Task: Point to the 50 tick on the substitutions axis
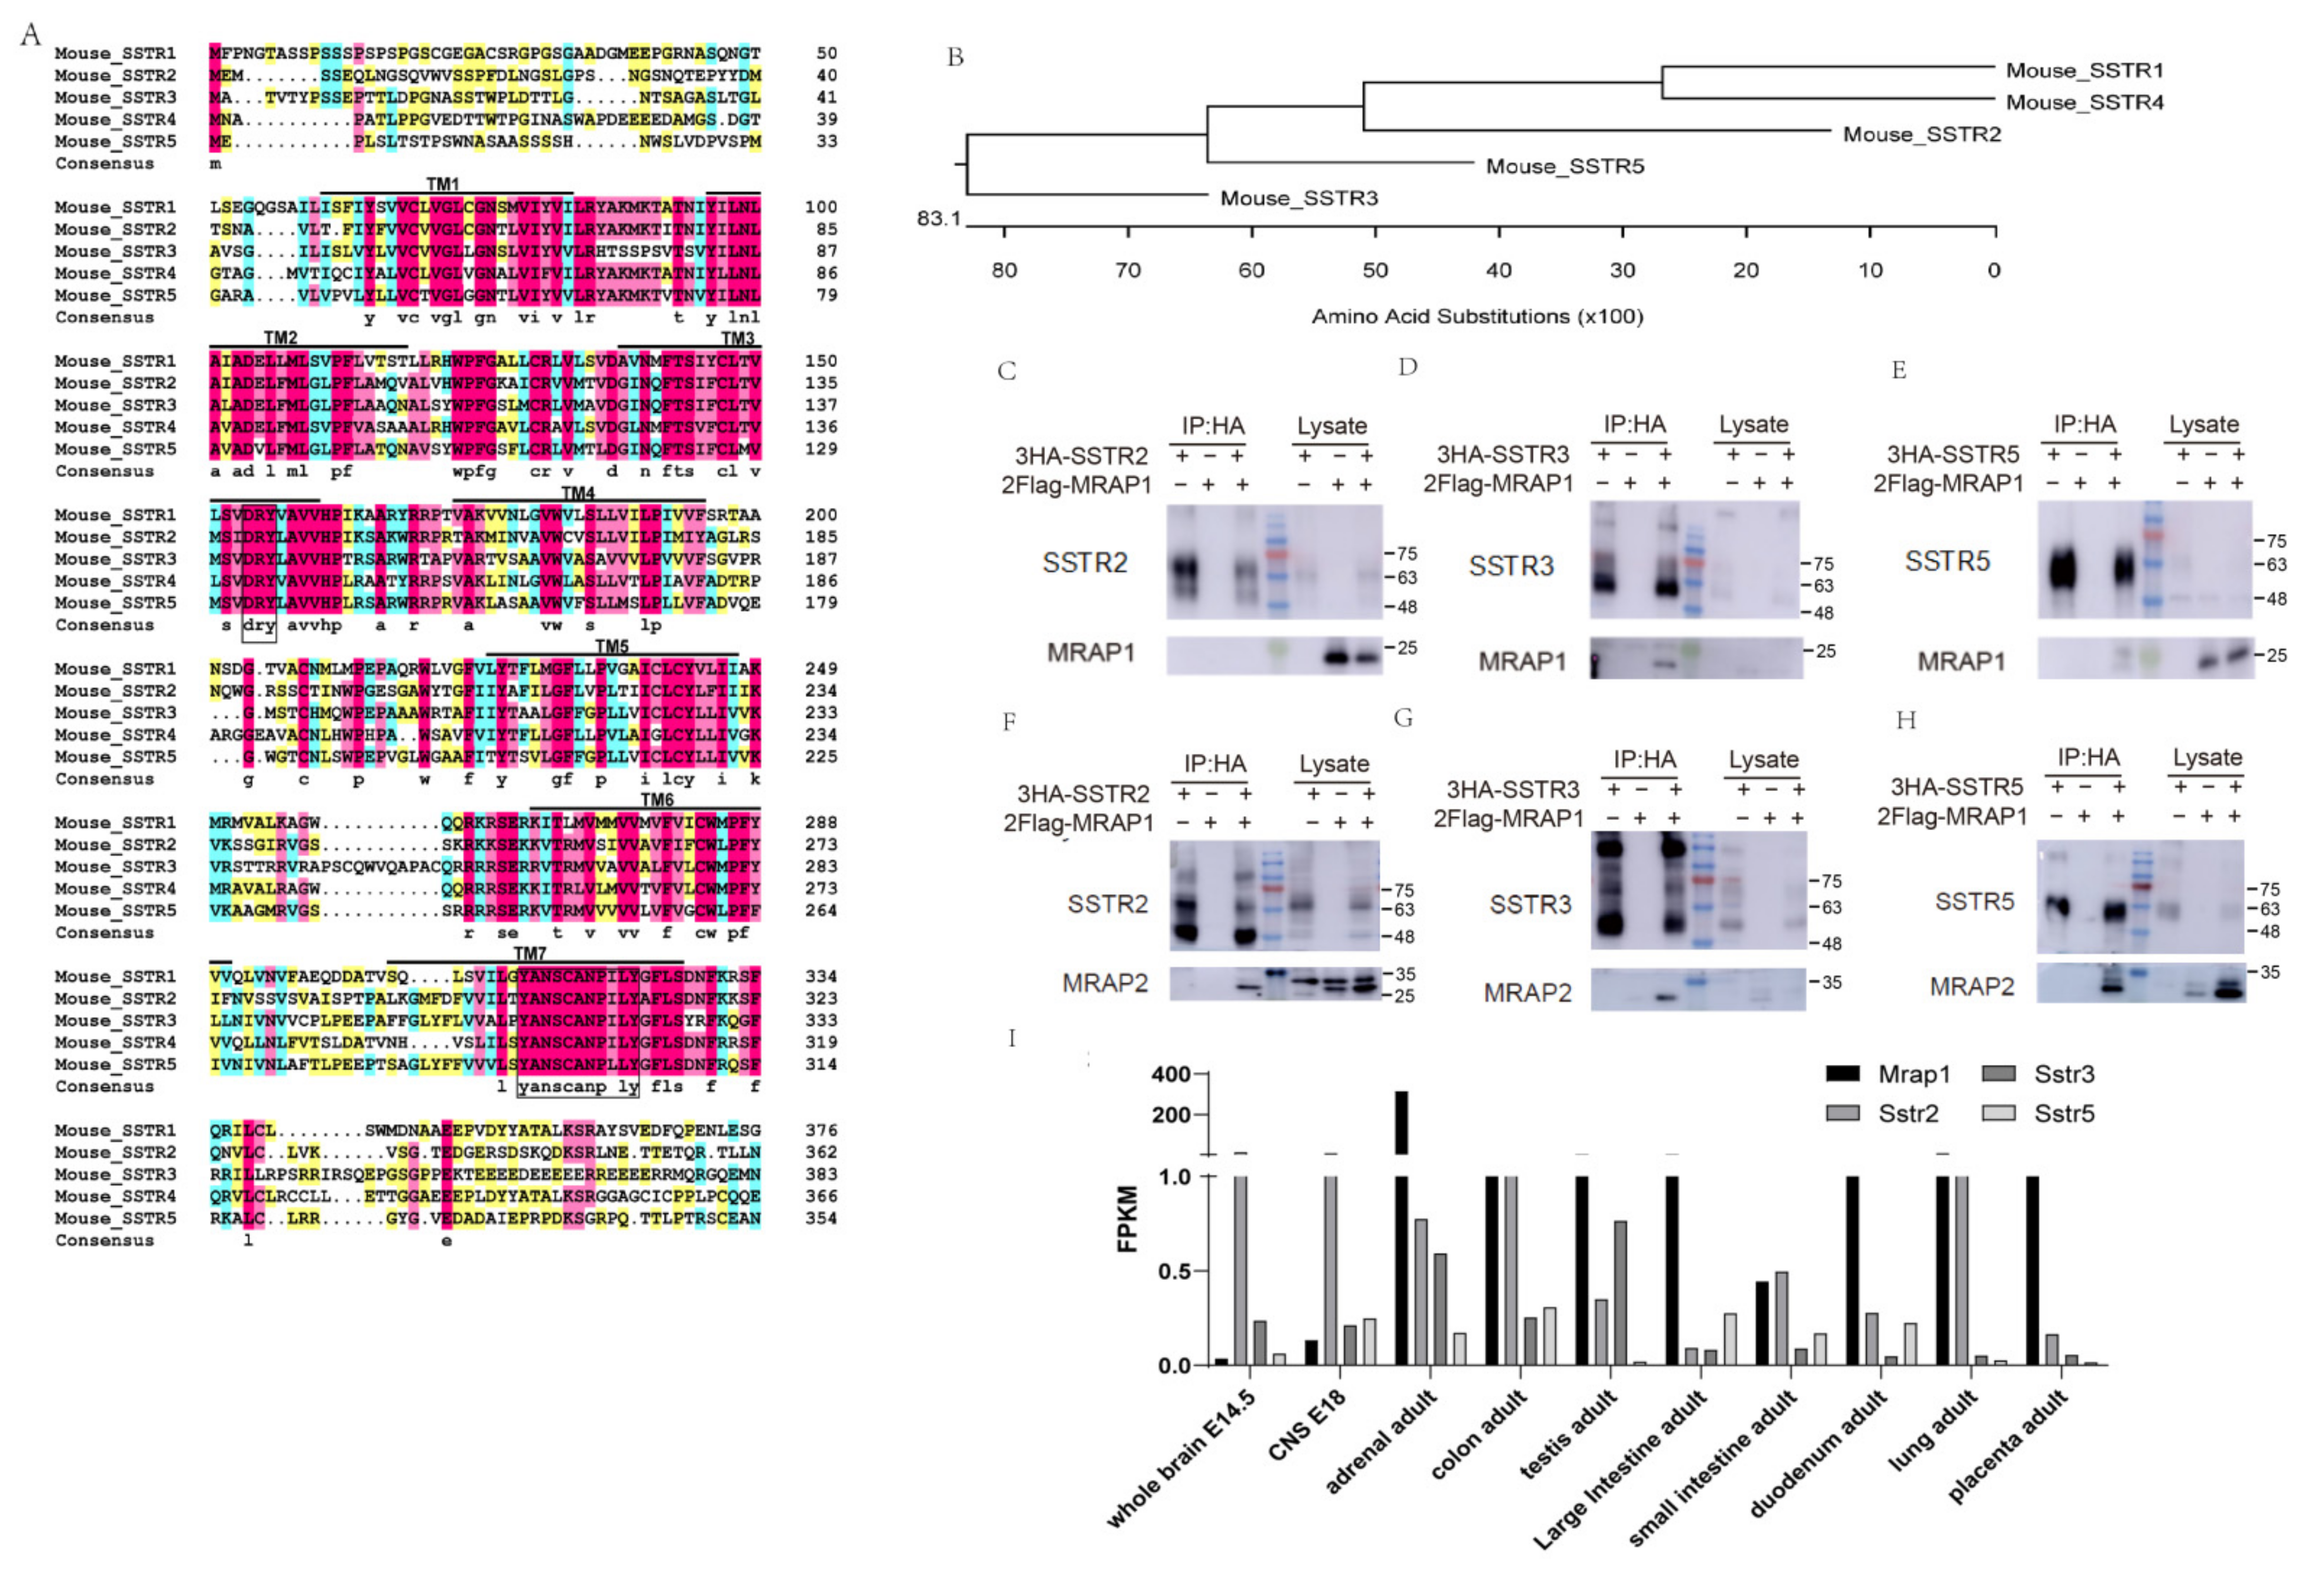1374,271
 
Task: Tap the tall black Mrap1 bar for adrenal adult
1402,1123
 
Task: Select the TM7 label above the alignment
530,954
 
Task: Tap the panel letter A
31,36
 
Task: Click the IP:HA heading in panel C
1213,426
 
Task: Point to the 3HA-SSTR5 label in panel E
1952,455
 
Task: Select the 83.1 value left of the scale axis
938,218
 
